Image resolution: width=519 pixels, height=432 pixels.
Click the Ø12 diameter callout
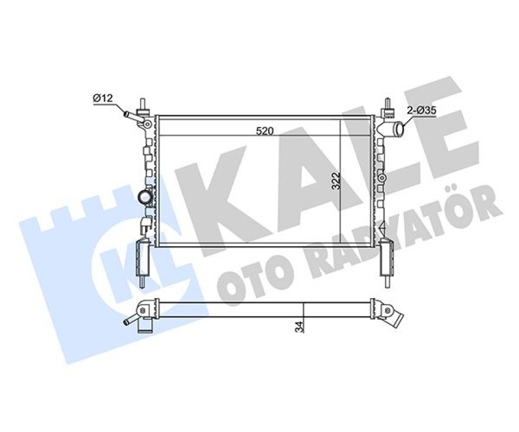[x=103, y=98]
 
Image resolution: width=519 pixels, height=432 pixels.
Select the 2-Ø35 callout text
[x=422, y=111]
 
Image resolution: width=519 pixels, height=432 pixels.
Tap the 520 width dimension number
[x=265, y=131]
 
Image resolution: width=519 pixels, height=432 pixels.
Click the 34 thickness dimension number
[x=300, y=327]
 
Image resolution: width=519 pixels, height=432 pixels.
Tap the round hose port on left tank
[x=145, y=198]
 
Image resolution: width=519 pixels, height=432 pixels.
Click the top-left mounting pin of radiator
[x=143, y=106]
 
